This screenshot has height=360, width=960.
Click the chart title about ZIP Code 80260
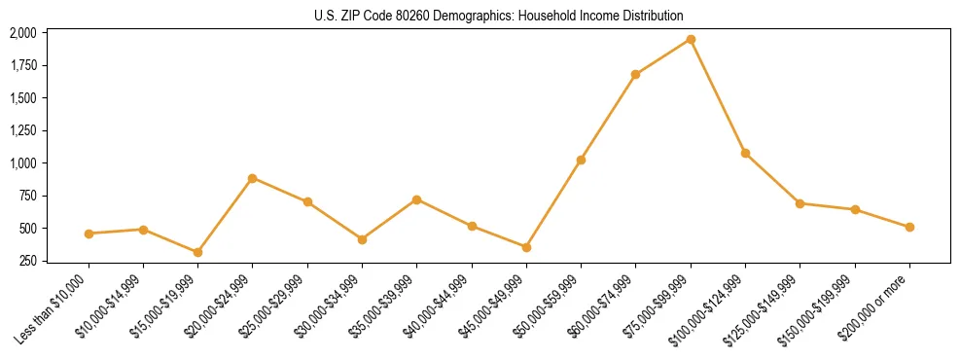pyautogui.click(x=499, y=16)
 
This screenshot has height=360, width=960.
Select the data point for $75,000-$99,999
pyautogui.click(x=691, y=39)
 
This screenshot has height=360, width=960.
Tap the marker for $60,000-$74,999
pyautogui.click(x=635, y=74)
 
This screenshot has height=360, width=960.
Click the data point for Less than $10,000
pyautogui.click(x=89, y=234)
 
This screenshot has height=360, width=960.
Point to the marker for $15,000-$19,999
pyautogui.click(x=197, y=252)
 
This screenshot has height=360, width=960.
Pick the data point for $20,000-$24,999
pyautogui.click(x=253, y=178)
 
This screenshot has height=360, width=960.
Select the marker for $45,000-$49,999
pyautogui.click(x=526, y=247)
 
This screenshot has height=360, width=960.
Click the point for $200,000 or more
pyautogui.click(x=909, y=227)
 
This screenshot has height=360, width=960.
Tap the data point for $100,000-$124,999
pyautogui.click(x=745, y=153)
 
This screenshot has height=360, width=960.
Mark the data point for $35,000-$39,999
pyautogui.click(x=416, y=199)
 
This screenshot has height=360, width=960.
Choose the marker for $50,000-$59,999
pyautogui.click(x=581, y=160)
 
